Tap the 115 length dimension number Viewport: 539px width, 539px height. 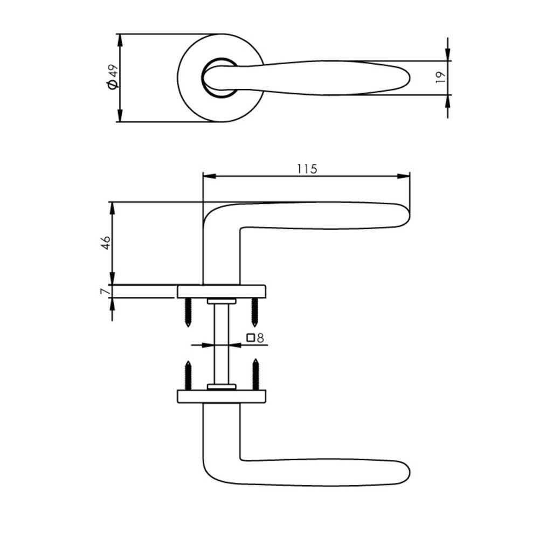pyautogui.click(x=306, y=168)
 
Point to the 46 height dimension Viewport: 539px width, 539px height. pyautogui.click(x=106, y=243)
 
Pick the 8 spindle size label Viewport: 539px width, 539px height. pyautogui.click(x=260, y=338)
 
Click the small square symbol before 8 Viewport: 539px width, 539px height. pyautogui.click(x=251, y=338)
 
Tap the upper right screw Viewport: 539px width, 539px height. pyautogui.click(x=254, y=312)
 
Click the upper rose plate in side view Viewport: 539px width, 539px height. pyautogui.click(x=222, y=291)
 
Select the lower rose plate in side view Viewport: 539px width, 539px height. pyautogui.click(x=222, y=396)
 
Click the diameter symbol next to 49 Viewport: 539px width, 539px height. pyautogui.click(x=112, y=85)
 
